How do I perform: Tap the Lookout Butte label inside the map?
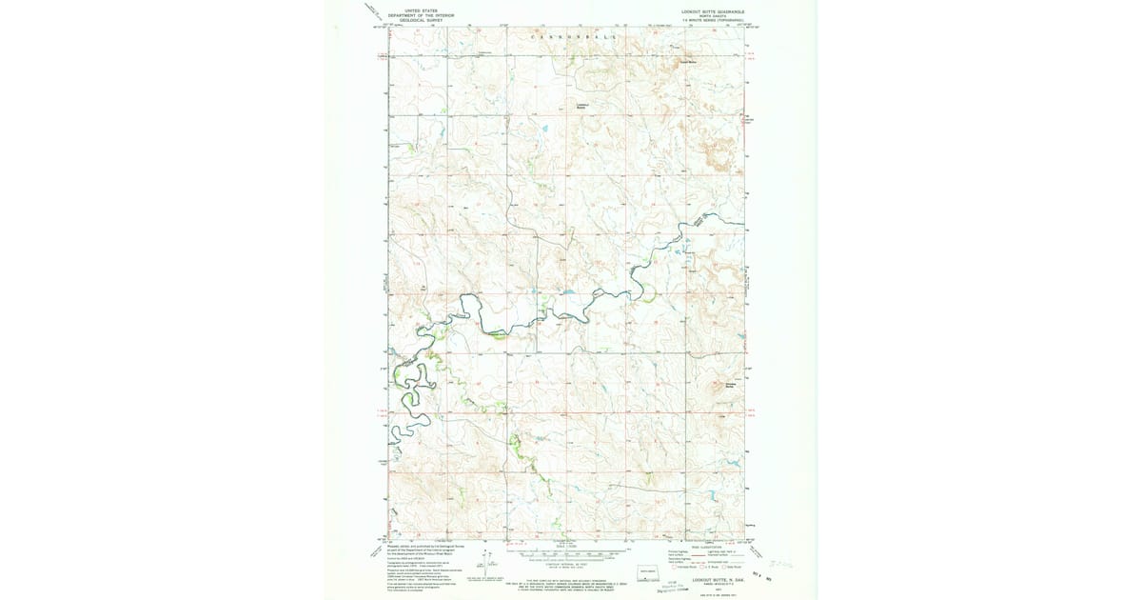(x=582, y=106)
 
